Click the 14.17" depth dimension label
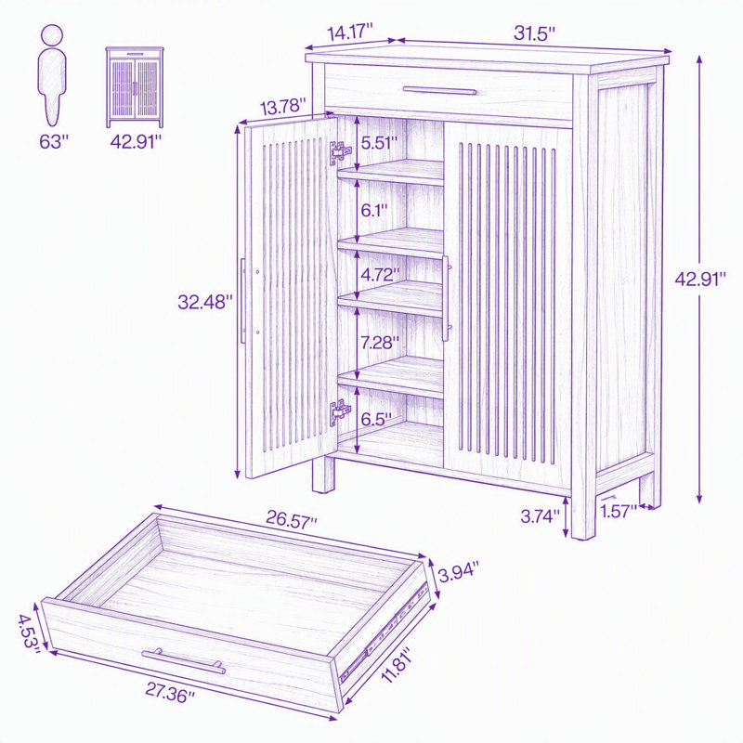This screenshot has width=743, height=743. pos(350,33)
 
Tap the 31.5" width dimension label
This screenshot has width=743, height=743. pos(534,33)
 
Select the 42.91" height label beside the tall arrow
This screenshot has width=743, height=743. pos(700,280)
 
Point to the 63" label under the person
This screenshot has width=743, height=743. pos(54,141)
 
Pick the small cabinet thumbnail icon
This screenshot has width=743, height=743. pos(135,87)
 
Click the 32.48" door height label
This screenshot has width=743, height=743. pos(205,302)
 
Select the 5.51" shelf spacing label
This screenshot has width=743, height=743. pos(379,143)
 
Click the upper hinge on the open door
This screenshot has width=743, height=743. pos(340,153)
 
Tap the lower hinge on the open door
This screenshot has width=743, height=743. pos(340,412)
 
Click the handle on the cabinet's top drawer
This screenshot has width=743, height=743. pos(439,90)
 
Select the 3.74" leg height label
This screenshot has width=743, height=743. pos(541,516)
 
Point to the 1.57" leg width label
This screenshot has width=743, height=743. pos(619,512)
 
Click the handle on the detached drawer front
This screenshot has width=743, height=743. pos(184,660)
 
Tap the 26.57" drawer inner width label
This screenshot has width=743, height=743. pos(291,519)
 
